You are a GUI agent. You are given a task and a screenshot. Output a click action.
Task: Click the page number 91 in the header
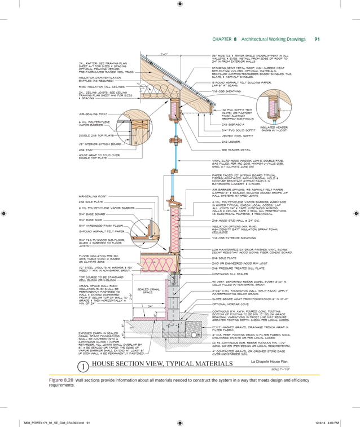click(x=317, y=39)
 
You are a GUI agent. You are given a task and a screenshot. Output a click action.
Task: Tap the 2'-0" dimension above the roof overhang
click(x=164, y=54)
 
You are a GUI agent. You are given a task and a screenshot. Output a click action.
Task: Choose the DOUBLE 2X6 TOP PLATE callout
click(x=98, y=135)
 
